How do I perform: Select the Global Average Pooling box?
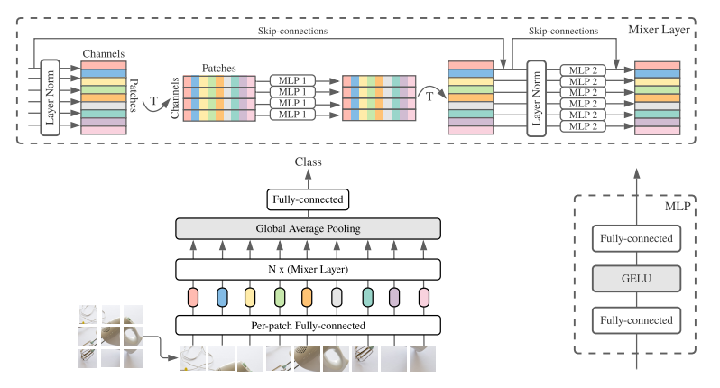tap(307, 228)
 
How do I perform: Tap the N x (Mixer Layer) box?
tap(307, 268)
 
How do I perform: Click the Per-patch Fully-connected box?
tap(307, 324)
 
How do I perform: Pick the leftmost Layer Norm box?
tap(50, 97)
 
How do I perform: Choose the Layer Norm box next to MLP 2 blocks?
tap(537, 97)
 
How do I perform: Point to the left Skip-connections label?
tap(285, 30)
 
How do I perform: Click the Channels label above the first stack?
tap(104, 53)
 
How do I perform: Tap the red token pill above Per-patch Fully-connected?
tap(192, 296)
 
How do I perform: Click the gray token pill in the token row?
tap(336, 296)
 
